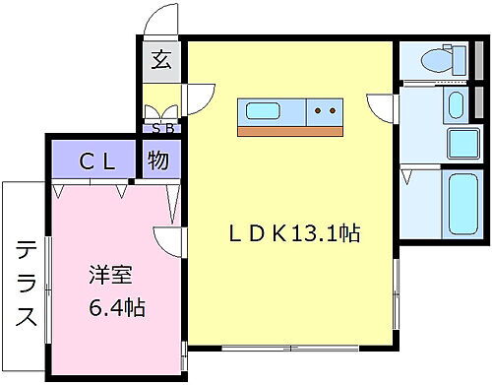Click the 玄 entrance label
click(159, 60)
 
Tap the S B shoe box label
click(158, 126)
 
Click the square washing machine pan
click(461, 143)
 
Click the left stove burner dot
click(320, 111)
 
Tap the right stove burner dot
click(334, 111)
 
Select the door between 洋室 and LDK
click(169, 239)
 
